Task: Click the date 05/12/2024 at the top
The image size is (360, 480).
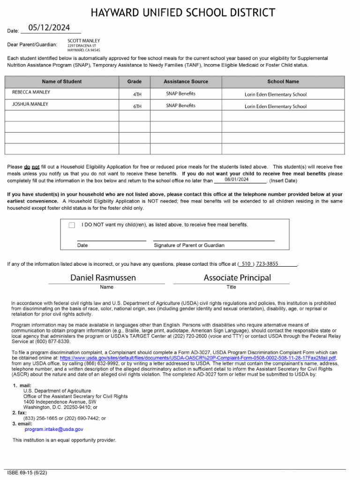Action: [x=49, y=28]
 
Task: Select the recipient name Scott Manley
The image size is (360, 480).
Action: [x=84, y=41]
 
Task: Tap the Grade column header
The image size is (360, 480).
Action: [x=134, y=82]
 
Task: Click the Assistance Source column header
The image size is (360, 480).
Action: [x=186, y=82]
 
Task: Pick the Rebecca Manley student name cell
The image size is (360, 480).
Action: [x=31, y=92]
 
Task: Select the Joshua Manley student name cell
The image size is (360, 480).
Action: [x=30, y=104]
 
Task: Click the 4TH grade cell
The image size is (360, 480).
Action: [x=137, y=94]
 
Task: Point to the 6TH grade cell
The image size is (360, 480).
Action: [x=137, y=106]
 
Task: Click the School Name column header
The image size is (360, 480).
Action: [x=283, y=82]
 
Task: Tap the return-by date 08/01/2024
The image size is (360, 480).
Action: [x=236, y=180]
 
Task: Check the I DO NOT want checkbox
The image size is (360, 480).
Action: [x=72, y=225]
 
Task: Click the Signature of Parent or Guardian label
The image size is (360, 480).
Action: [x=189, y=245]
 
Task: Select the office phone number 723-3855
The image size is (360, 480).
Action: [x=267, y=264]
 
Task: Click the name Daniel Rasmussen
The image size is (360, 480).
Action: [x=103, y=277]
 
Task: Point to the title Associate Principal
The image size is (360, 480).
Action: [x=237, y=277]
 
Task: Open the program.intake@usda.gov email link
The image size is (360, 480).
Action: [x=54, y=429]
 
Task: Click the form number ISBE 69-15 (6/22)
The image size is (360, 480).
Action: [x=27, y=472]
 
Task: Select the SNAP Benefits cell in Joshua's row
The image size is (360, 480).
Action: [x=180, y=106]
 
